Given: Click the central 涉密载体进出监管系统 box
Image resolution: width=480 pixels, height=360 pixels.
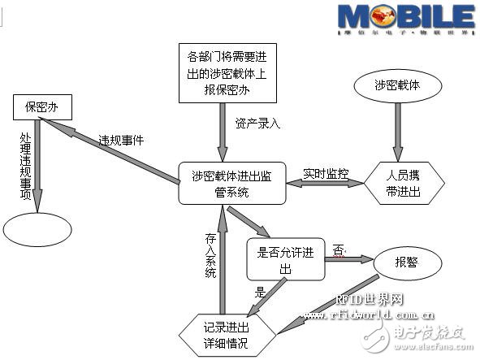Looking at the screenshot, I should (231, 182).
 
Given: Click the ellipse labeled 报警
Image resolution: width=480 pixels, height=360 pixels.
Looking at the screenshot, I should (407, 262).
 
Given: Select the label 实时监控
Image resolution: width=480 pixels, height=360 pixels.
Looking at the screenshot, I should (326, 173).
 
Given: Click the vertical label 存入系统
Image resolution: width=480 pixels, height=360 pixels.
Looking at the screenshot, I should (210, 256).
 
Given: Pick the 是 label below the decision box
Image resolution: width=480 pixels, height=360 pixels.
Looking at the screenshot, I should (261, 290).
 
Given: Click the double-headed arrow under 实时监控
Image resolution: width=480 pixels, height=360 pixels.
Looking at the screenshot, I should (325, 184).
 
